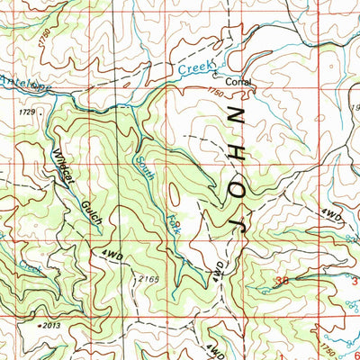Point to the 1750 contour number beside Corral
(214, 91)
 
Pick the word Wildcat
(63, 164)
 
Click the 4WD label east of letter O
(331, 217)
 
